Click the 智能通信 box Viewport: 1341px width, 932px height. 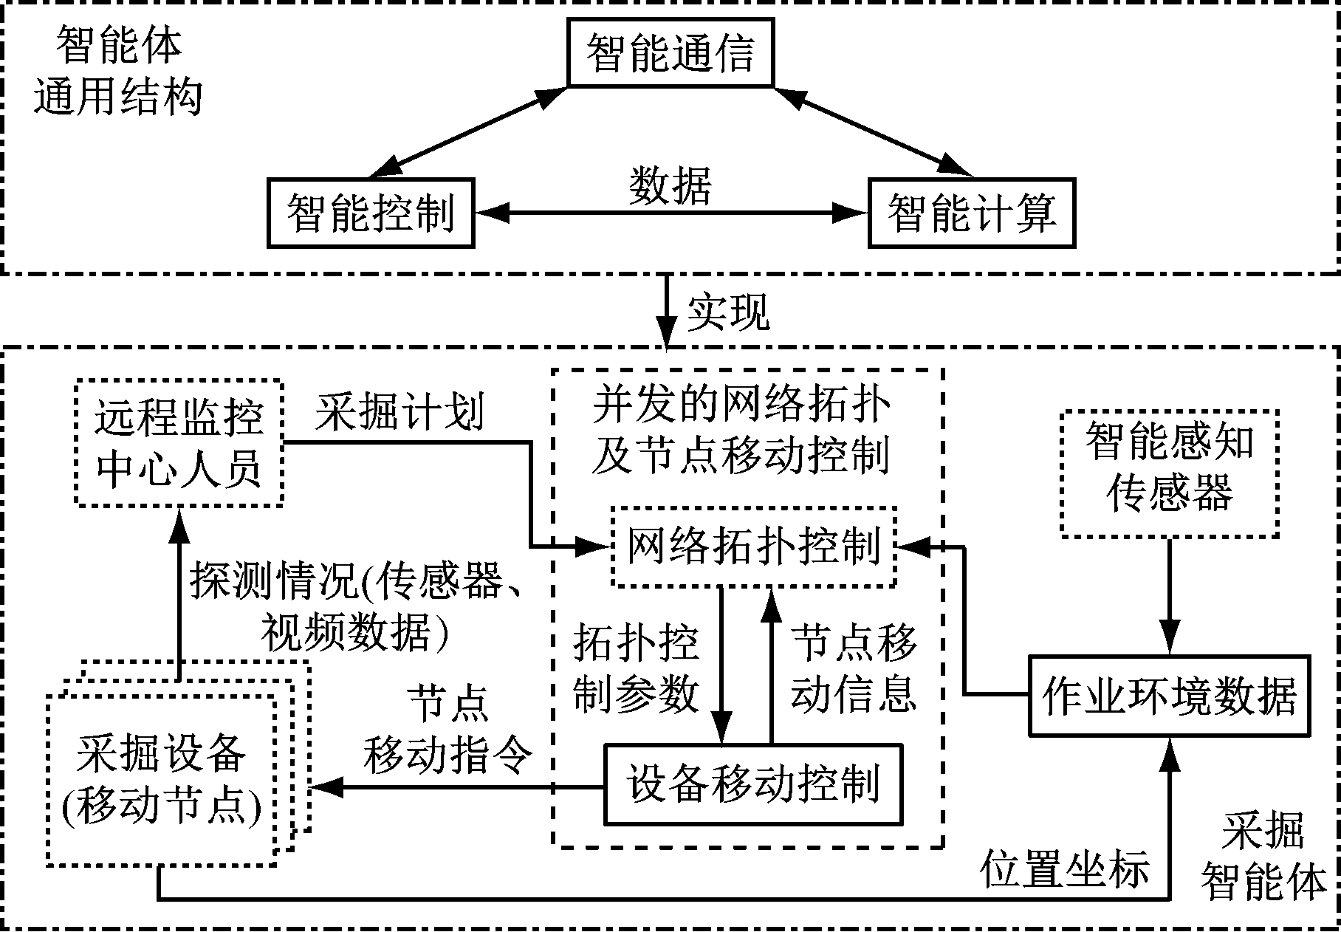click(x=670, y=53)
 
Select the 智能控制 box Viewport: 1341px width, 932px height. click(x=370, y=213)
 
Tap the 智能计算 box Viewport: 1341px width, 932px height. click(x=971, y=213)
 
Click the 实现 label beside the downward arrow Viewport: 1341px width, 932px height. click(x=728, y=312)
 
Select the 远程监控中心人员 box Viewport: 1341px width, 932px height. click(x=179, y=443)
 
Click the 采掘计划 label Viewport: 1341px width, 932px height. click(x=399, y=411)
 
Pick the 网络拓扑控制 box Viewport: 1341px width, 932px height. click(x=753, y=546)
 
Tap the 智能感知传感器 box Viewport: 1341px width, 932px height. click(x=1169, y=473)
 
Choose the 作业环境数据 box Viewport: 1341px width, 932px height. click(x=1169, y=695)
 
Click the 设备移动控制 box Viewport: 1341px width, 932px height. click(x=753, y=784)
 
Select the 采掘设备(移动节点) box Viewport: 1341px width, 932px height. click(x=161, y=781)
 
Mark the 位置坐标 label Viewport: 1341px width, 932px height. click(x=1065, y=868)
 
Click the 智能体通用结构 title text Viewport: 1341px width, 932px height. click(x=118, y=72)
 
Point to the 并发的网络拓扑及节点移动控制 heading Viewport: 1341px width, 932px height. click(x=741, y=429)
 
